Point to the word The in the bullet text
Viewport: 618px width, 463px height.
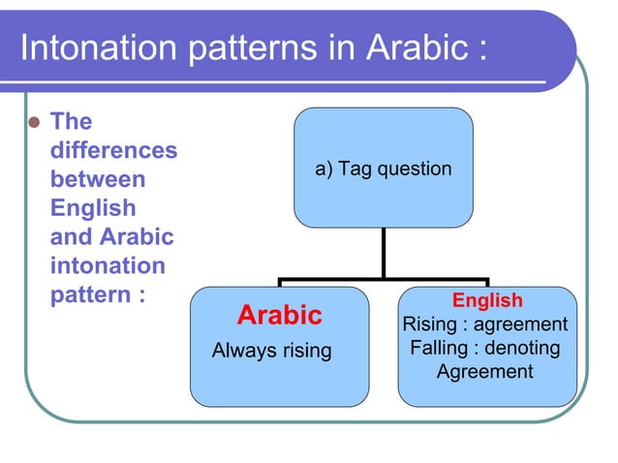(x=70, y=122)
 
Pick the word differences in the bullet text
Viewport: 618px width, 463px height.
(x=113, y=151)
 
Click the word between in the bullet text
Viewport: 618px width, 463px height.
(x=97, y=180)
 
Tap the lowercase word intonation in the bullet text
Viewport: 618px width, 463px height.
(x=107, y=265)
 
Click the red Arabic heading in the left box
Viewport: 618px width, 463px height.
(x=280, y=316)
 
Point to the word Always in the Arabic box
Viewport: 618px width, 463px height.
(x=242, y=351)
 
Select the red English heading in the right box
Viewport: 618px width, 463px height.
(x=487, y=300)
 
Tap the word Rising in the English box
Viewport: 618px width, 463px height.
(x=429, y=324)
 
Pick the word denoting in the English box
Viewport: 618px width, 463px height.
(x=521, y=348)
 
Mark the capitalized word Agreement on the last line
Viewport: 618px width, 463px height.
(x=484, y=371)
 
